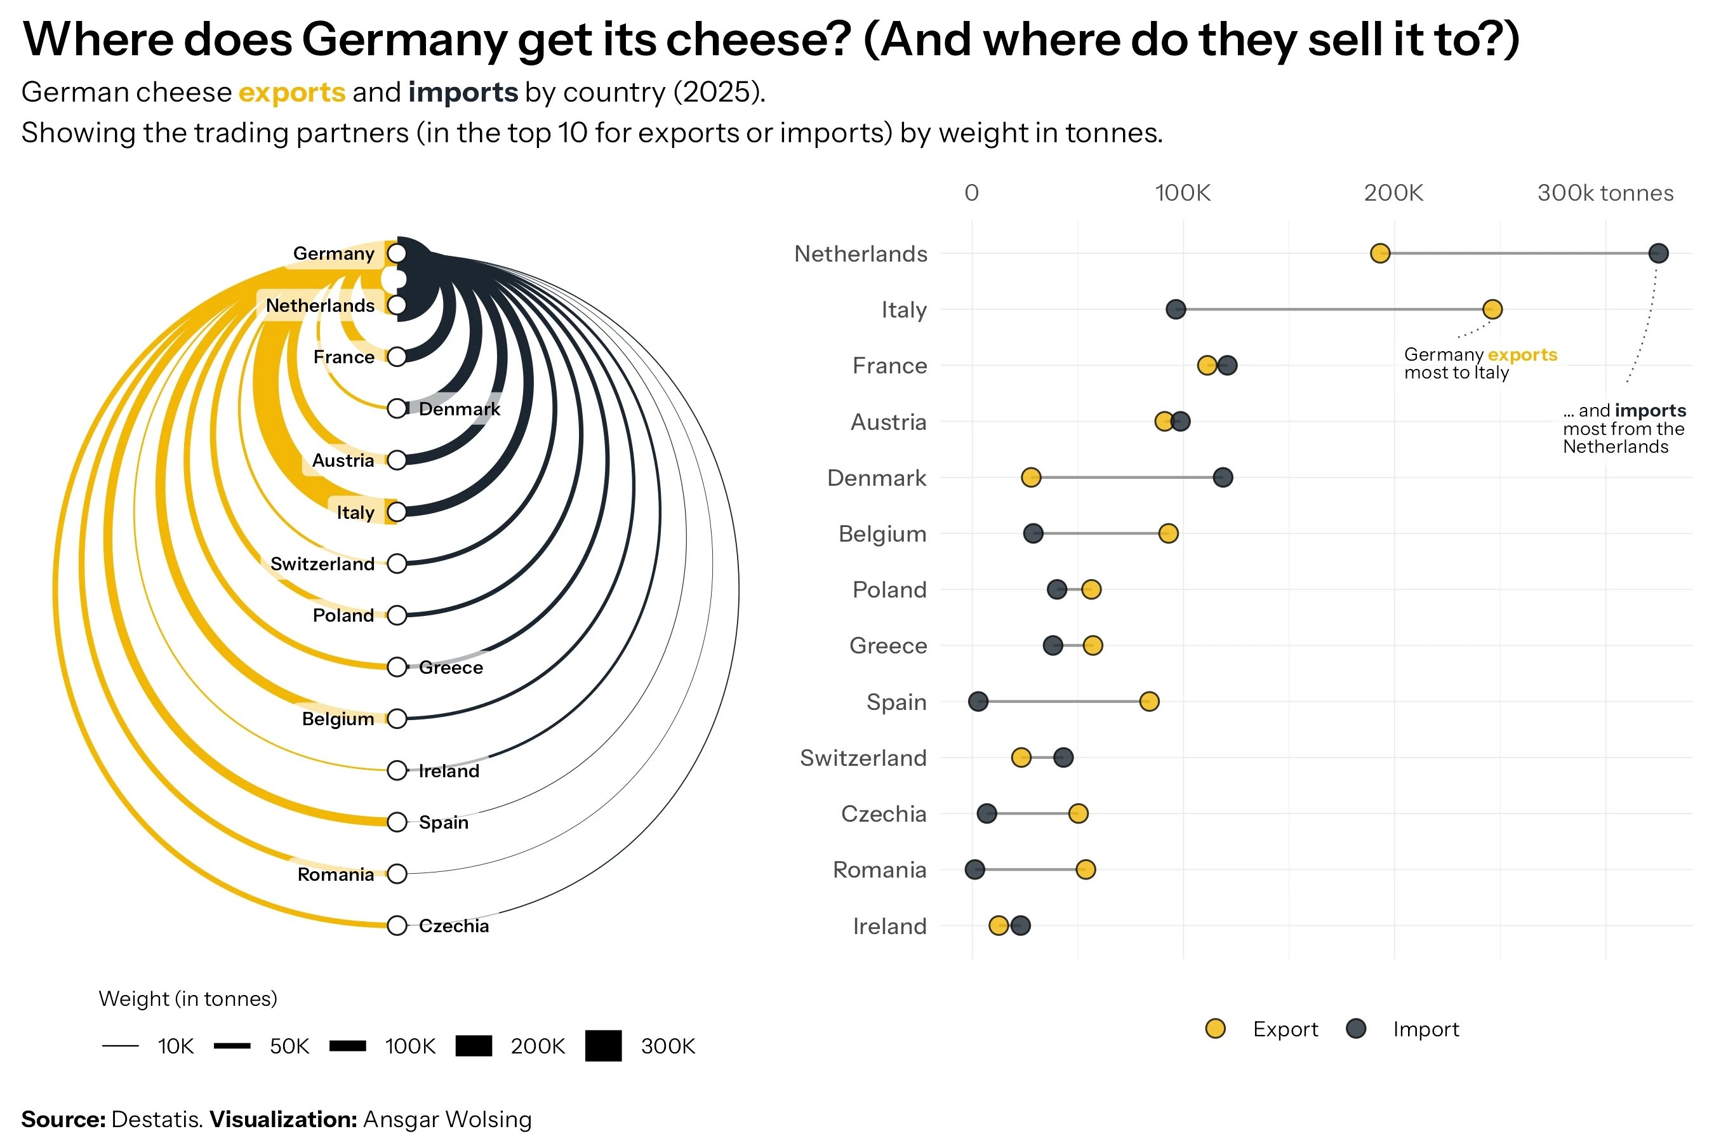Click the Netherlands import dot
pos(1658,253)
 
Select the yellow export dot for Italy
pos(1492,309)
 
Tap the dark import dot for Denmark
pos(1223,478)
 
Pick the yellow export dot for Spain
pos(1149,701)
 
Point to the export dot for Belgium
pos(1168,533)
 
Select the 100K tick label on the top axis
pos(1182,193)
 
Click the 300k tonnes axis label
pos(1605,193)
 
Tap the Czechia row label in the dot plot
pos(883,813)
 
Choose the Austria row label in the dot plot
pos(888,422)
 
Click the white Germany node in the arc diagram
pos(396,253)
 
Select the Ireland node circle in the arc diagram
pos(396,770)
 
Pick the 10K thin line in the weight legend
pos(120,1046)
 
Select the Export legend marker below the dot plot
pos(1215,1029)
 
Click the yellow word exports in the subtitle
pos(291,93)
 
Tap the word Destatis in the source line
pos(156,1119)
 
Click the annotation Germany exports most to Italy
pos(1479,363)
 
